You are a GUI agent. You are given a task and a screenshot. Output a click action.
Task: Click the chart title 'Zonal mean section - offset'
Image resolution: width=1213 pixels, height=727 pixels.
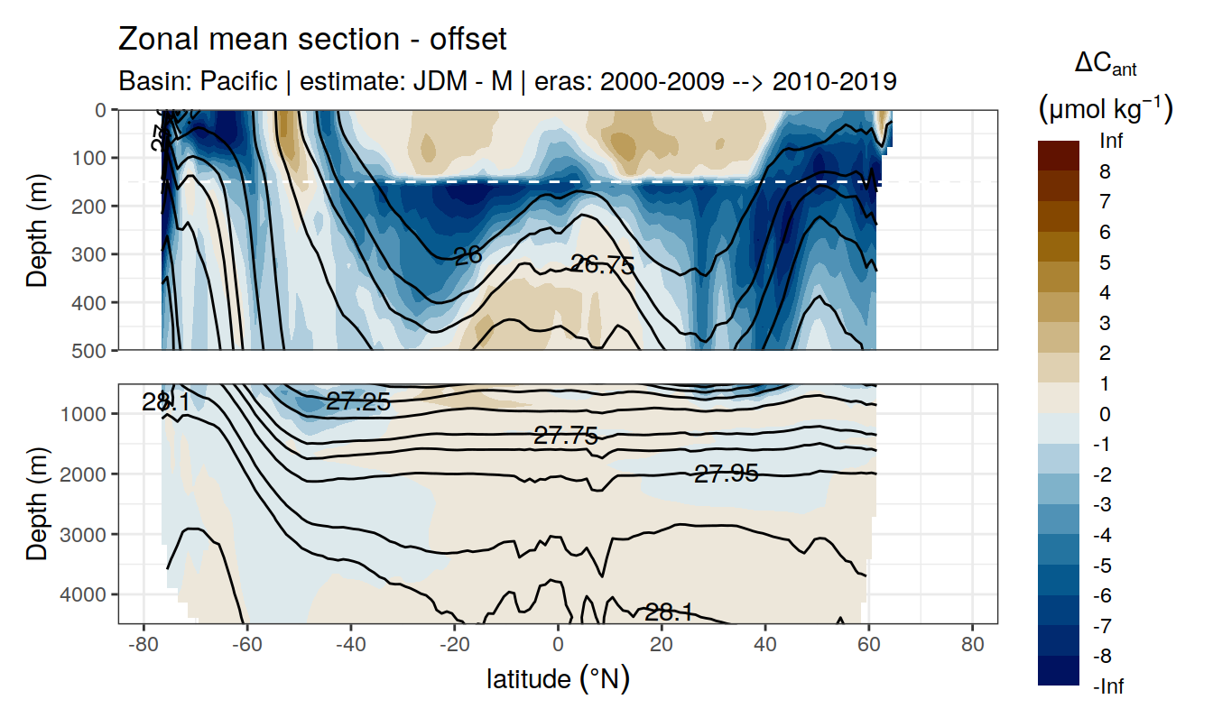(312, 40)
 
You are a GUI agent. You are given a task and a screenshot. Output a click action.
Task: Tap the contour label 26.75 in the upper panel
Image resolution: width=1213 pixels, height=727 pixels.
(602, 265)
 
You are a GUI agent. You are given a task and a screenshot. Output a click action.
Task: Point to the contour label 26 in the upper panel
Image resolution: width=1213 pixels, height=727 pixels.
(468, 256)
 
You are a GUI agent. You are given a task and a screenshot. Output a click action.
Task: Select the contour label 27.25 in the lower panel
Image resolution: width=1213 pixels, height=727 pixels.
(357, 402)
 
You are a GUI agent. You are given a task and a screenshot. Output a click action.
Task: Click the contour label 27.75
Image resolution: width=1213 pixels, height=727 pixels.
(566, 437)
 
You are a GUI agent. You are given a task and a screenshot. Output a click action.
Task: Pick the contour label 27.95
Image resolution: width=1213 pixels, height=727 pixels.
(726, 473)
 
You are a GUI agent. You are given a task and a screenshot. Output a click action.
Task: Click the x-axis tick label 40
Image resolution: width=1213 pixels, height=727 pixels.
(765, 647)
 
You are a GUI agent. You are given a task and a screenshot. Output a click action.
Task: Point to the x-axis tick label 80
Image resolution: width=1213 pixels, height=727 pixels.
(972, 647)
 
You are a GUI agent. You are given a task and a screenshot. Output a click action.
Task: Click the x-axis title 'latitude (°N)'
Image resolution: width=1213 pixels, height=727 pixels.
(558, 678)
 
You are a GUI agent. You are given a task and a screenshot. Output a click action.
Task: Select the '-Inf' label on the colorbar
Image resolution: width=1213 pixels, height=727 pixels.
(1108, 687)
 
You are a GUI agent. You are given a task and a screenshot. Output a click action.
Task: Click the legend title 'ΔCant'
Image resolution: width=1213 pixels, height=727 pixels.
(1105, 65)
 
